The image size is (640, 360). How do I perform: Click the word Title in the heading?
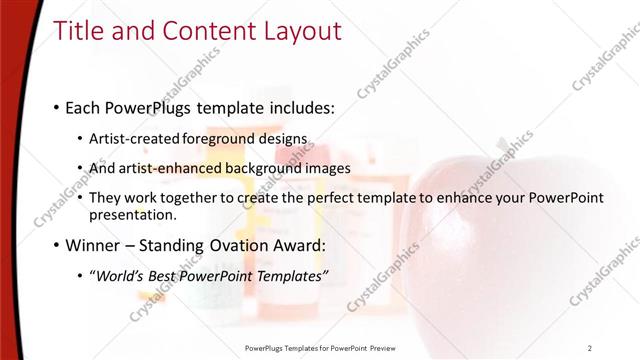(x=77, y=32)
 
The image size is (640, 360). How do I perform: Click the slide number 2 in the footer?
(x=590, y=348)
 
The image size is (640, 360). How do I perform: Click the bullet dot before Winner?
(x=55, y=245)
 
